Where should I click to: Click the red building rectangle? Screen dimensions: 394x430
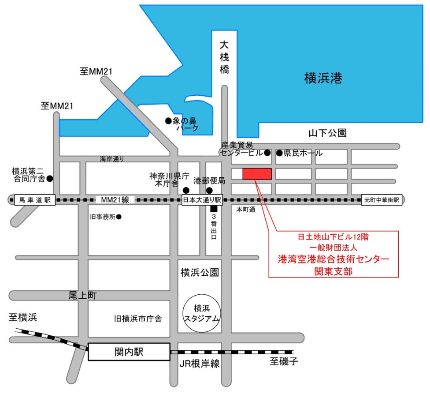coord(257,174)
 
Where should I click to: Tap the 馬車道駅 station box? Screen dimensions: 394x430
coord(35,200)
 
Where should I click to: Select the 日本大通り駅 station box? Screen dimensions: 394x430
coord(202,200)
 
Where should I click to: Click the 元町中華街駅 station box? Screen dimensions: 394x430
coord(382,200)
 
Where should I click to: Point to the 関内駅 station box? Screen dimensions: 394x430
coord(129,352)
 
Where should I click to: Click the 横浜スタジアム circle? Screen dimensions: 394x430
coord(201,313)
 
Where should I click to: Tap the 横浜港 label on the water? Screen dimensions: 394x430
coord(323,79)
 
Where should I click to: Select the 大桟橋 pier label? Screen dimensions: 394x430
coord(225,57)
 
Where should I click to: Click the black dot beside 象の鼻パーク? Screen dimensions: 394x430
coord(168,120)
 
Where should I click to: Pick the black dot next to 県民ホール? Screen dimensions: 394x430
coord(279,153)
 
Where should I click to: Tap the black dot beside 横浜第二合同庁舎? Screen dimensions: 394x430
coord(50,179)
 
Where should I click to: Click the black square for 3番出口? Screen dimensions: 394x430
coord(214,209)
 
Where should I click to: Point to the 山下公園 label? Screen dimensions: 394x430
coord(327,132)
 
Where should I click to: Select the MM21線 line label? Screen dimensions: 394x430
coord(115,200)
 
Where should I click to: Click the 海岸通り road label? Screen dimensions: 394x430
coord(112,159)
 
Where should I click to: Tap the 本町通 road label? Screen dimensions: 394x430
coord(245,210)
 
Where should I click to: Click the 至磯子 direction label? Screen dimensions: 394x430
coord(284,362)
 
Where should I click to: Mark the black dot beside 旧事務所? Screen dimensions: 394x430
coord(119,217)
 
